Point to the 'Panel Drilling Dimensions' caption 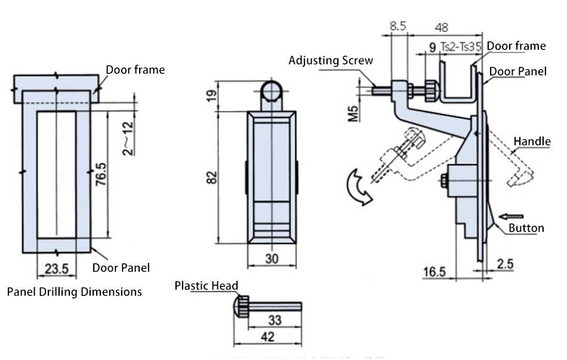coord(75,292)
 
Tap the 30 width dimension coord(272,259)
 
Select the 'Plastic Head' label coord(207,285)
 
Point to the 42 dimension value coord(268,336)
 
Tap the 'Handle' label coord(532,141)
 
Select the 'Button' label coord(526,228)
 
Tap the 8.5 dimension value coord(398,26)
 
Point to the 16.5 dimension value coord(435,272)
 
